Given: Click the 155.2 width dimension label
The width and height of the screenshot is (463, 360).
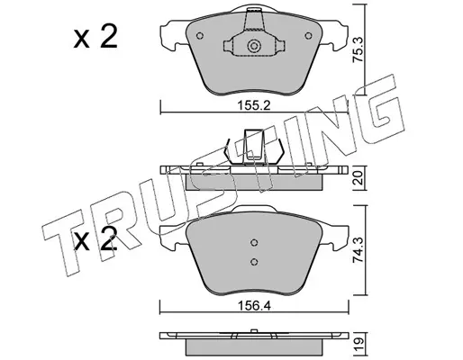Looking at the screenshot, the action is [254, 105].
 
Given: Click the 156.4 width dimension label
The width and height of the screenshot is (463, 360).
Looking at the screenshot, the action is [254, 306].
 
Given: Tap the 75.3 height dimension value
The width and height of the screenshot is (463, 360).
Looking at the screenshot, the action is [359, 49].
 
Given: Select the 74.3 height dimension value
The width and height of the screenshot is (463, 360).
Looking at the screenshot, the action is [359, 250].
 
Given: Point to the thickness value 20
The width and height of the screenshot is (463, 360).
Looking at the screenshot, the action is [359, 178].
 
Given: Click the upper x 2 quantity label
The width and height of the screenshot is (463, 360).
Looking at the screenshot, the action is [95, 37].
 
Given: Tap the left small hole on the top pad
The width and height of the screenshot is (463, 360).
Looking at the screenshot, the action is [200, 36].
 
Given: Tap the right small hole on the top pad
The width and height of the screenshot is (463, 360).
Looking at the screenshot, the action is [308, 36].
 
